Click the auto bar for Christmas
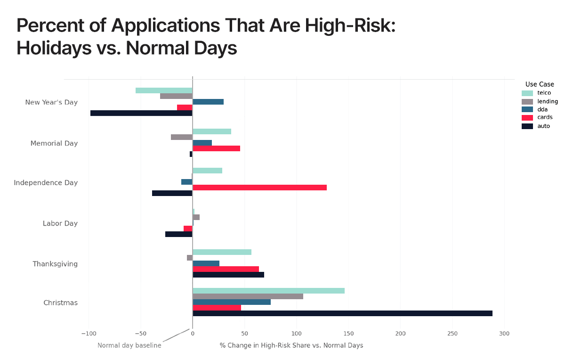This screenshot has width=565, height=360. coord(342,313)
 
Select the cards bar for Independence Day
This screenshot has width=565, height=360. coord(259,188)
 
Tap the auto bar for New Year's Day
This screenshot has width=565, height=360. coord(141,113)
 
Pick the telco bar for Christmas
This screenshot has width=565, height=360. coord(268,291)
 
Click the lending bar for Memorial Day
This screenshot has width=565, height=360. coord(181,137)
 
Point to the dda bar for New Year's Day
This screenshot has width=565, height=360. coord(208,102)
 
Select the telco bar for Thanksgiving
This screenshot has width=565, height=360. coord(222,252)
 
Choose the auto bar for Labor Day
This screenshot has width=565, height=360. coord(179,234)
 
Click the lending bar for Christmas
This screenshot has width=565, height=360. coord(248,296)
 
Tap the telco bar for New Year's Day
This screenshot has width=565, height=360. coord(164,90)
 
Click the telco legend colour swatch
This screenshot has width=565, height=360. coord(527,93)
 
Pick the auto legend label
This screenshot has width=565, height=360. coord(543,126)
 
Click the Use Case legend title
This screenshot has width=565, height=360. coord(540,84)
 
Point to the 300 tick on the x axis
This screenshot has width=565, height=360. coord(504,334)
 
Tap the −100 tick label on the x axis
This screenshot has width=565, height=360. coord(88,334)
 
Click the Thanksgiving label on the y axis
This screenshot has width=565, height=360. coord(55,264)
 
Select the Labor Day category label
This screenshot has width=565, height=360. coord(60,223)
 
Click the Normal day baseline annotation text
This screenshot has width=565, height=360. coord(129,345)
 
